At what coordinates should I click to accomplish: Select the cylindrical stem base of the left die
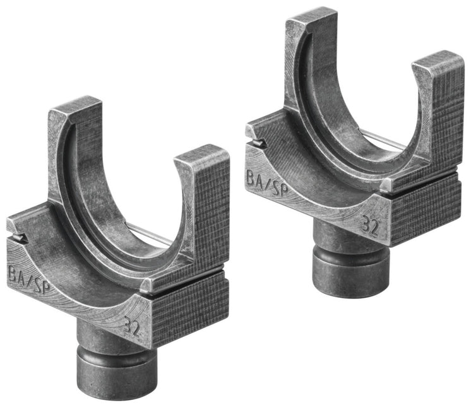(117, 372)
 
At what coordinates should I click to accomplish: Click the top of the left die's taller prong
(75, 107)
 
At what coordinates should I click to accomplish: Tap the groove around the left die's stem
(117, 346)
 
